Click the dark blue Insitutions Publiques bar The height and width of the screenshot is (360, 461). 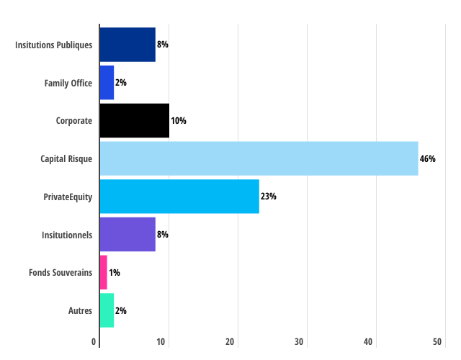click(127, 45)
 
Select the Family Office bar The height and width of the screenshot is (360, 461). click(107, 83)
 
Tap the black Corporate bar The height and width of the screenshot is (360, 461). click(134, 120)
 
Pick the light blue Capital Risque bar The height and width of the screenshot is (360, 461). click(259, 158)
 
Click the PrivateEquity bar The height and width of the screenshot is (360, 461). click(179, 197)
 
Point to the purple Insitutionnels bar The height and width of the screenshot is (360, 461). click(127, 234)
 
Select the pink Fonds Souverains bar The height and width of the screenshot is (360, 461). click(103, 272)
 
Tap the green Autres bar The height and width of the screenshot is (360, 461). click(107, 310)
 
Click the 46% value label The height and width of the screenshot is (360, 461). click(428, 158)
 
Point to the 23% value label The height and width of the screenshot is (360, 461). click(269, 197)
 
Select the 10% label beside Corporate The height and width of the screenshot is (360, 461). click(179, 120)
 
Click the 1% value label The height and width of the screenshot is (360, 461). click(115, 272)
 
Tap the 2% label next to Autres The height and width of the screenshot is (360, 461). click(121, 310)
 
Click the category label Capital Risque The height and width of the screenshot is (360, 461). click(66, 158)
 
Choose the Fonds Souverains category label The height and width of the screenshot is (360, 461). click(61, 272)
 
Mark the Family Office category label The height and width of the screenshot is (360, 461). click(68, 83)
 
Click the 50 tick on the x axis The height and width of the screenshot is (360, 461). click(437, 341)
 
